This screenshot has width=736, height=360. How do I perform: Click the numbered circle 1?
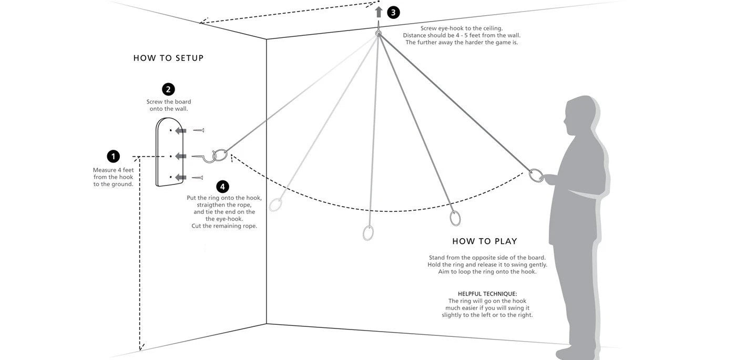pyautogui.click(x=113, y=156)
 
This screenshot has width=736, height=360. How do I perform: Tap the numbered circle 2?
pyautogui.click(x=168, y=89)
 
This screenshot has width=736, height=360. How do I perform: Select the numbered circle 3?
pyautogui.click(x=393, y=13)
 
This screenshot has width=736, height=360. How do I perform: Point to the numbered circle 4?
pyautogui.click(x=222, y=187)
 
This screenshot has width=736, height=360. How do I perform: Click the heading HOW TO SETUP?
pyautogui.click(x=168, y=58)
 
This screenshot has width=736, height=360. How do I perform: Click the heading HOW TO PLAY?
pyautogui.click(x=485, y=241)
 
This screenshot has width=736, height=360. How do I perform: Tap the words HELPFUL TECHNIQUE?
pyautogui.click(x=487, y=294)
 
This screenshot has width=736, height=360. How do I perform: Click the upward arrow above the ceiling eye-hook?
pyautogui.click(x=379, y=12)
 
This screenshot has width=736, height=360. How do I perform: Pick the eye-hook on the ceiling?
pyautogui.click(x=378, y=33)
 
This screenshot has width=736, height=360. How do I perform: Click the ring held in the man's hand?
pyautogui.click(x=536, y=175)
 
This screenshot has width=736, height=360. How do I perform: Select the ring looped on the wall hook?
pyautogui.click(x=221, y=155)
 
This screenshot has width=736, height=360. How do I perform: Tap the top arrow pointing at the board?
pyautogui.click(x=180, y=130)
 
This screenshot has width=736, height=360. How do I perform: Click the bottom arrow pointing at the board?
pyautogui.click(x=180, y=178)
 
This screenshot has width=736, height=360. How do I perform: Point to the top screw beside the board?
pyautogui.click(x=199, y=130)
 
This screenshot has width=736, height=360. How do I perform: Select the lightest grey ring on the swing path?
pyautogui.click(x=275, y=204)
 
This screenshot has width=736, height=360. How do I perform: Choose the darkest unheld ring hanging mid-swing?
pyautogui.click(x=455, y=218)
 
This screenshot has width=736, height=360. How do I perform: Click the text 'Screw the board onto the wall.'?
pyautogui.click(x=168, y=105)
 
